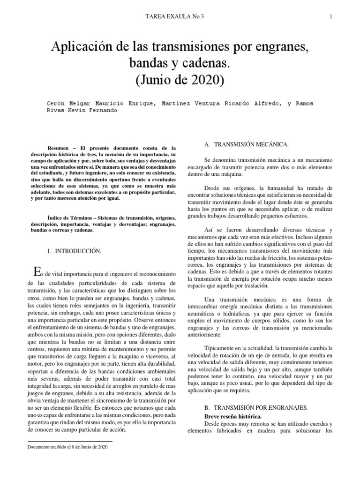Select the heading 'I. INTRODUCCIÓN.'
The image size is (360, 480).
(x=75, y=251)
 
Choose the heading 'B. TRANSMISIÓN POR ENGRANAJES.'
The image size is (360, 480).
(x=254, y=408)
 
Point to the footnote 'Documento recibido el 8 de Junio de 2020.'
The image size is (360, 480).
(x=68, y=447)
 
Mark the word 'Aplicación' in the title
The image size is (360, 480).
(x=82, y=48)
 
